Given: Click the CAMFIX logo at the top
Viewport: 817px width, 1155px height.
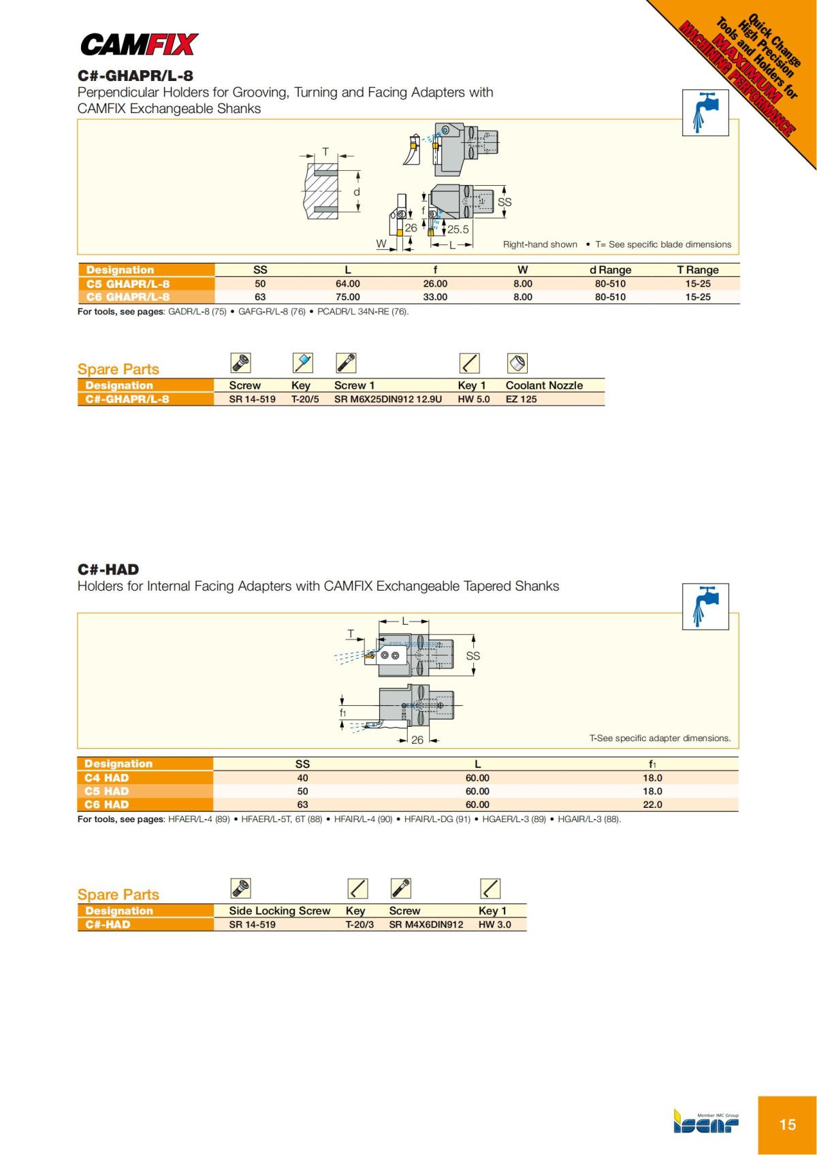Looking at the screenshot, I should pyautogui.click(x=139, y=45).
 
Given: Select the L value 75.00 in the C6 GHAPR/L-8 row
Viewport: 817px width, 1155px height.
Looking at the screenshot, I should pyautogui.click(x=347, y=297).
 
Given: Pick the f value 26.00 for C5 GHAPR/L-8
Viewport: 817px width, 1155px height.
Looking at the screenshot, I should pyautogui.click(x=435, y=284).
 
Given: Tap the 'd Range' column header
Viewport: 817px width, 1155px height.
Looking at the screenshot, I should pyautogui.click(x=610, y=270).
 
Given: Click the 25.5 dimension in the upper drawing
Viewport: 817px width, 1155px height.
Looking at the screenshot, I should pyautogui.click(x=458, y=229).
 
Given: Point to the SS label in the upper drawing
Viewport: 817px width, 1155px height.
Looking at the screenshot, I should pyautogui.click(x=504, y=202).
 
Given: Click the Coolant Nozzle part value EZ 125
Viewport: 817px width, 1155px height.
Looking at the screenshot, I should pyautogui.click(x=521, y=399).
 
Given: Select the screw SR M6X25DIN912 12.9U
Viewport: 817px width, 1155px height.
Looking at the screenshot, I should pyautogui.click(x=387, y=399).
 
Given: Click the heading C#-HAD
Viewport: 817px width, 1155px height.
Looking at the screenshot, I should pyautogui.click(x=108, y=570).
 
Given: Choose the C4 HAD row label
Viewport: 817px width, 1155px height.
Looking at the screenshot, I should pyautogui.click(x=107, y=777).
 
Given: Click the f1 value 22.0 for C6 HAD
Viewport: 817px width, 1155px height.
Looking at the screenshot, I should pyautogui.click(x=652, y=804).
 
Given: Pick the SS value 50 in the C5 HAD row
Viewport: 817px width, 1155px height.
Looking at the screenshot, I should pyautogui.click(x=302, y=791).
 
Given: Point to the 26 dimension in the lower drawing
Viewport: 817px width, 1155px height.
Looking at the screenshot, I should pyautogui.click(x=417, y=740).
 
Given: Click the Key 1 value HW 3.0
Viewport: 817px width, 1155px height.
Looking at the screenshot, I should pyautogui.click(x=494, y=924).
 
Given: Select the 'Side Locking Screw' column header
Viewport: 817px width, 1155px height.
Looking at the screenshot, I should pyautogui.click(x=279, y=911).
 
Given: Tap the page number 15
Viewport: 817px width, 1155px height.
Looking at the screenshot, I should pyautogui.click(x=787, y=1124).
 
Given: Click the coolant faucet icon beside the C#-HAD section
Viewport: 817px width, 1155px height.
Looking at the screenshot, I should pyautogui.click(x=705, y=606).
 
